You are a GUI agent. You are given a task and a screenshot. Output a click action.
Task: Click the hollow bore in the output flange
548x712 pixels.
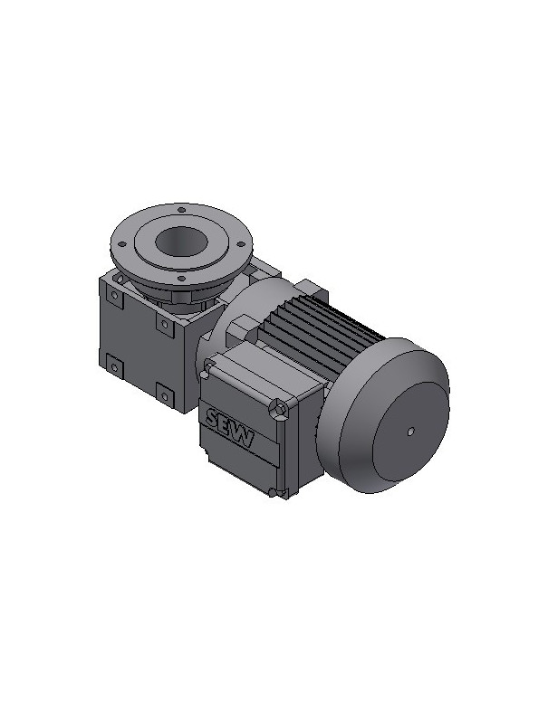click(181, 241)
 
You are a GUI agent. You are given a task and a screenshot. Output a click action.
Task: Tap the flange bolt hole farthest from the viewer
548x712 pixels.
click(181, 210)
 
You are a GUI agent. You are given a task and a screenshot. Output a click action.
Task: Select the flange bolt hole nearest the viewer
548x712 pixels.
click(181, 279)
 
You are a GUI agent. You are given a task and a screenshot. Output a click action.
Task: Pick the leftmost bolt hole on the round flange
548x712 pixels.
click(122, 244)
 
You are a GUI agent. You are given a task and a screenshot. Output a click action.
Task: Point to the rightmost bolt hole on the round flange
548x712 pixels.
click(241, 243)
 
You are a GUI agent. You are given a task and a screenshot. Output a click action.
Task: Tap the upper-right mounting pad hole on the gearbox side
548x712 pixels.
click(165, 325)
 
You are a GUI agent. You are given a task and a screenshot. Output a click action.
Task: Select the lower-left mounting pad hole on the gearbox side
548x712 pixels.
click(115, 366)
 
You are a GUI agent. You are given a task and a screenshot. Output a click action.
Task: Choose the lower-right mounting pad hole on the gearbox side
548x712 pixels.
click(165, 396)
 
